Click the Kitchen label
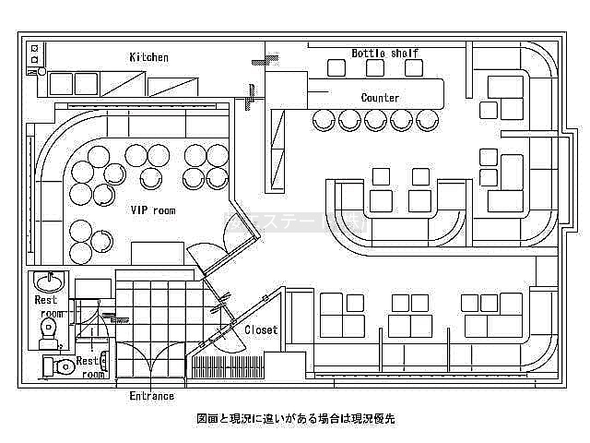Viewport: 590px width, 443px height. [149, 57]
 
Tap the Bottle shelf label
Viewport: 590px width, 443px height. [385, 53]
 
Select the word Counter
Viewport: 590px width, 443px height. [380, 98]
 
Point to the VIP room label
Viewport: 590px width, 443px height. [153, 210]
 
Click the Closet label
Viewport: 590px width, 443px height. [261, 329]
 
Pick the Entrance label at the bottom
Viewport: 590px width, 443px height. [151, 396]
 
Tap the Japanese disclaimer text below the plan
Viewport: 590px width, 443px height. [295, 418]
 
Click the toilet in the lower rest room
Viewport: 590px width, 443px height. [61, 366]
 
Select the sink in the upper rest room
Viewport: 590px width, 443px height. [47, 281]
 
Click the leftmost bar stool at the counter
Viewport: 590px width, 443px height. [324, 120]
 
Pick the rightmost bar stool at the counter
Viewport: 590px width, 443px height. [426, 120]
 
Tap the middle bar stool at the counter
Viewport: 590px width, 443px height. [375, 120]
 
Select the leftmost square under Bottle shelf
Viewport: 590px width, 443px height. [336, 67]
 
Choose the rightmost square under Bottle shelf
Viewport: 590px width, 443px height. [414, 67]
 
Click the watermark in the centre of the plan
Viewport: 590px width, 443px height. [295, 221]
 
